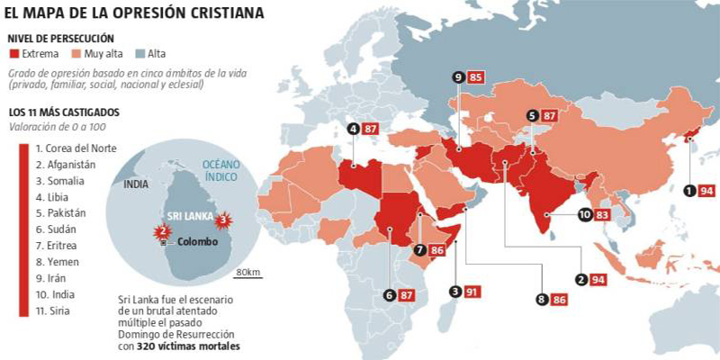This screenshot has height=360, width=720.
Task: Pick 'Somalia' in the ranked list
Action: pos(56,180)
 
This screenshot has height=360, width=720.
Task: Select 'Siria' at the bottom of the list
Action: pos(49,310)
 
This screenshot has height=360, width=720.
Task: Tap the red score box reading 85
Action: pos(477,78)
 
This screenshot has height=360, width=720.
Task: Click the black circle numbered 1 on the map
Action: pos(689,191)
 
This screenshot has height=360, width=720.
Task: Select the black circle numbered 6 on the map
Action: pos(390,294)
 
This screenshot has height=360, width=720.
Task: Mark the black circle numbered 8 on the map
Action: pos(541,299)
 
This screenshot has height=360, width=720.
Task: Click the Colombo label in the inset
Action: pos(198,242)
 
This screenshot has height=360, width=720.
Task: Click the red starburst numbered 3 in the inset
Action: pos(226,220)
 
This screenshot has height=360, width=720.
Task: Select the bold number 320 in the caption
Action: pos(150,345)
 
